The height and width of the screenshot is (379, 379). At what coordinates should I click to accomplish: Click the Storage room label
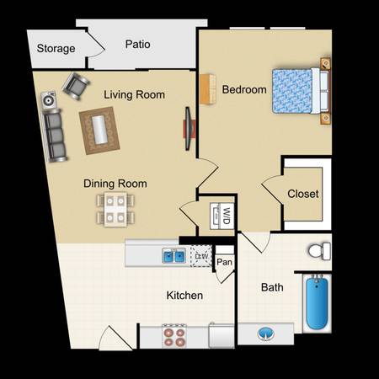pyautogui.click(x=56, y=49)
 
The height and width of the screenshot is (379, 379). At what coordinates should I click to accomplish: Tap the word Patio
pyautogui.click(x=137, y=44)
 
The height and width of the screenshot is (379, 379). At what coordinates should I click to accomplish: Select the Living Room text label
pyautogui.click(x=134, y=94)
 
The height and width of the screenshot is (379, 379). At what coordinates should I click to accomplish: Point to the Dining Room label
pyautogui.click(x=115, y=184)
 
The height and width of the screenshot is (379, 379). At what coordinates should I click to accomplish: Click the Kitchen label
pyautogui.click(x=184, y=296)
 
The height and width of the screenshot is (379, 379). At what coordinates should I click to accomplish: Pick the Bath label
pyautogui.click(x=272, y=287)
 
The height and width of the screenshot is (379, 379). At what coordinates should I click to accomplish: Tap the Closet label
pyautogui.click(x=303, y=194)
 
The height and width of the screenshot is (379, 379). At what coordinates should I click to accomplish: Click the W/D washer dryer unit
pyautogui.click(x=222, y=216)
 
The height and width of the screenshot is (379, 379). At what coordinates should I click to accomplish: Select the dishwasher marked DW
pyautogui.click(x=201, y=256)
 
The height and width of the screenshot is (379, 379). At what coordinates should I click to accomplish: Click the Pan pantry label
pyautogui.click(x=224, y=262)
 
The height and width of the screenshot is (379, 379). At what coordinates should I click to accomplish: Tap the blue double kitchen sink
pyautogui.click(x=174, y=256)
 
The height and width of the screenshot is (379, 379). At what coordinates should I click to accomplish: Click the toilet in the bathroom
pyautogui.click(x=320, y=250)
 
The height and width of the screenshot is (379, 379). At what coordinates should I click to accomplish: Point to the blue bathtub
pyautogui.click(x=317, y=302)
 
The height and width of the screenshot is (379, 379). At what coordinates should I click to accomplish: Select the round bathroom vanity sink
pyautogui.click(x=265, y=334)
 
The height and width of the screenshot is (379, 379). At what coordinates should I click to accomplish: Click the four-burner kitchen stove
pyautogui.click(x=174, y=336)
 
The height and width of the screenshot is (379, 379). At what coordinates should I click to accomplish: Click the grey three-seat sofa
pyautogui.click(x=55, y=136)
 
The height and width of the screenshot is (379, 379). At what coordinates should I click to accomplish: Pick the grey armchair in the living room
pyautogui.click(x=76, y=86)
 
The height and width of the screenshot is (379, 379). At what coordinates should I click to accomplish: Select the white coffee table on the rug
pyautogui.click(x=99, y=130)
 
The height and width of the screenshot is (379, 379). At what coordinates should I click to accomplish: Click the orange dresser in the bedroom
pyautogui.click(x=208, y=89)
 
